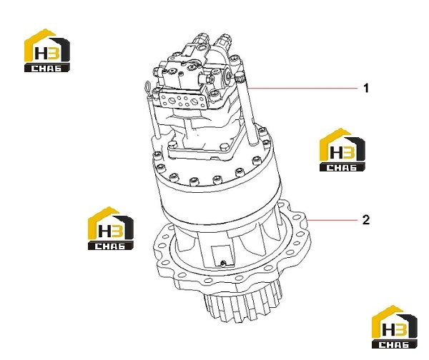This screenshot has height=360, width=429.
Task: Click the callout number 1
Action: [366, 89]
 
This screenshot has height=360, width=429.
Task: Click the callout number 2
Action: [366, 220]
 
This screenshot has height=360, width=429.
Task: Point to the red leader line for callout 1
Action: [302, 89]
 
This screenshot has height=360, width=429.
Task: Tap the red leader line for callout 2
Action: [332, 220]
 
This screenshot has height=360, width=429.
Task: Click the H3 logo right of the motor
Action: [342, 150]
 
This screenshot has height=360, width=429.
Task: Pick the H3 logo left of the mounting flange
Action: [111, 229]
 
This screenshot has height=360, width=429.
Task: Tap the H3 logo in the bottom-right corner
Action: [394, 327]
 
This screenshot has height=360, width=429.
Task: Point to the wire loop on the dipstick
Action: [147, 87]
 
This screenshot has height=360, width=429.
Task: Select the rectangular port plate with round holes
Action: [183, 100]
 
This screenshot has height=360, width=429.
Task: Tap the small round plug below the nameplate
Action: [224, 263]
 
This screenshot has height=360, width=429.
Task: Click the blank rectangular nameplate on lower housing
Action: [222, 255]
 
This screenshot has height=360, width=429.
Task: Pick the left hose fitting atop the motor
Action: [202, 40]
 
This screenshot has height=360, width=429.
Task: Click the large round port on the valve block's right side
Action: [227, 76]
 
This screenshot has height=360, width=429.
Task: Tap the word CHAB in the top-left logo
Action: [46, 68]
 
